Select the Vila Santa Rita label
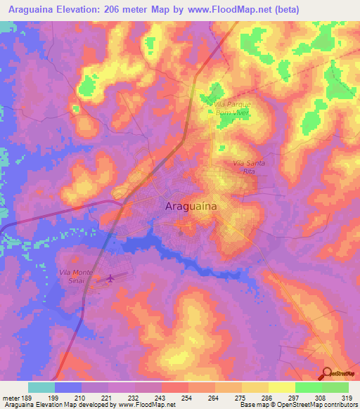click(x=246, y=167)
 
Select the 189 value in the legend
click(x=27, y=398)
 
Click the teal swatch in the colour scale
click(x=41, y=387)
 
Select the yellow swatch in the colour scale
click(x=281, y=387)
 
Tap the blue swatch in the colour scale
click(x=68, y=387)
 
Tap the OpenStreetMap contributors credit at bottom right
click(x=318, y=405)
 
